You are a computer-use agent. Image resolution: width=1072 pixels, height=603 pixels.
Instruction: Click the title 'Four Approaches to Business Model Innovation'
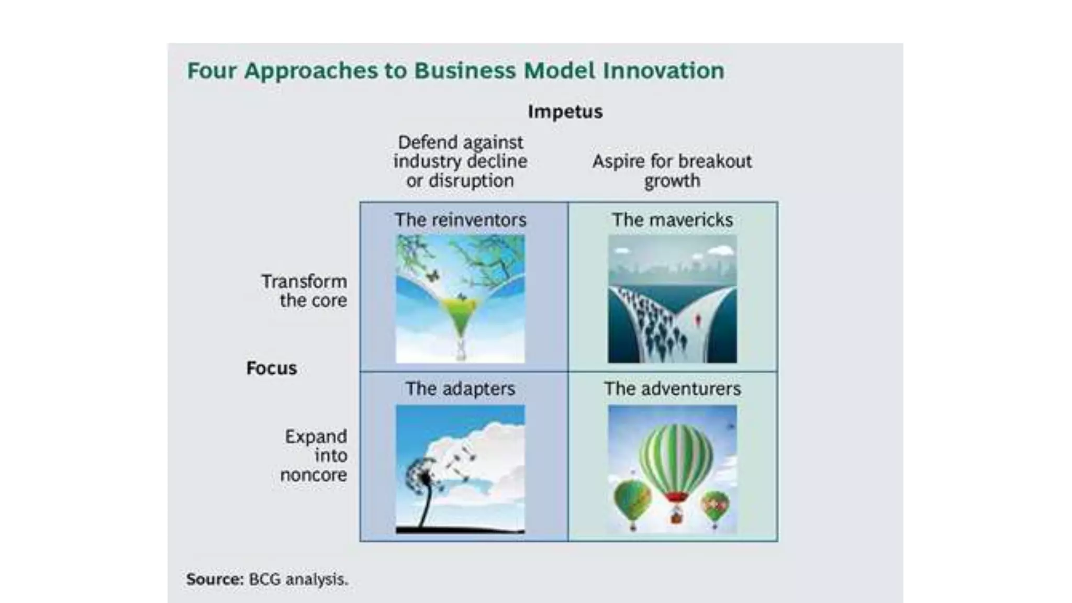(455, 71)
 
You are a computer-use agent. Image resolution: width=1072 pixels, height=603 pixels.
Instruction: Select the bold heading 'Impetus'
(565, 111)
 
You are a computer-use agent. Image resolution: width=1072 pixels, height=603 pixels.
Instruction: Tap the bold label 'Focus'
(271, 368)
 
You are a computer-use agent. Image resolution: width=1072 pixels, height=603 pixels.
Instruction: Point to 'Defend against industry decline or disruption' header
(460, 161)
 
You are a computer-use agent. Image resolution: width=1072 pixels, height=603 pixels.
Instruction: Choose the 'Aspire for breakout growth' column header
(672, 171)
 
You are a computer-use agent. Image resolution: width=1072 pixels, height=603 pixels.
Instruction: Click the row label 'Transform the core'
(304, 291)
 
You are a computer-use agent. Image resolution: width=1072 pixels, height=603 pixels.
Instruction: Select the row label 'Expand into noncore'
(314, 455)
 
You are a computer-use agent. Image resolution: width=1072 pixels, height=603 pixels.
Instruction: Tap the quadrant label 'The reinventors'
(460, 220)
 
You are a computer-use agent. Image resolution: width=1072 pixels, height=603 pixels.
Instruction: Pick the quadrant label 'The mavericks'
(672, 220)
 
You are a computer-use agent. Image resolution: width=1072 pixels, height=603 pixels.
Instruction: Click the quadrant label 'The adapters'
(460, 389)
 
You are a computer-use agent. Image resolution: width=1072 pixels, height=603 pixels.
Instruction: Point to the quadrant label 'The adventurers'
(672, 389)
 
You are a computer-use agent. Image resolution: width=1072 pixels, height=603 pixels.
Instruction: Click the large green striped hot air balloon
(676, 455)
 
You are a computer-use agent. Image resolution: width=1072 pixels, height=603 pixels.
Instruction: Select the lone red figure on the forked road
(698, 319)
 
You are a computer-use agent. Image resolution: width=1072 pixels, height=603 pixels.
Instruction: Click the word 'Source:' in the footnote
(215, 579)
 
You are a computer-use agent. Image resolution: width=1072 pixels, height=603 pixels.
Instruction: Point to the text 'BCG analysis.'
(298, 579)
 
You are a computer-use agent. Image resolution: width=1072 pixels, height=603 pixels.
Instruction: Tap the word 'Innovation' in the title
(663, 71)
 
